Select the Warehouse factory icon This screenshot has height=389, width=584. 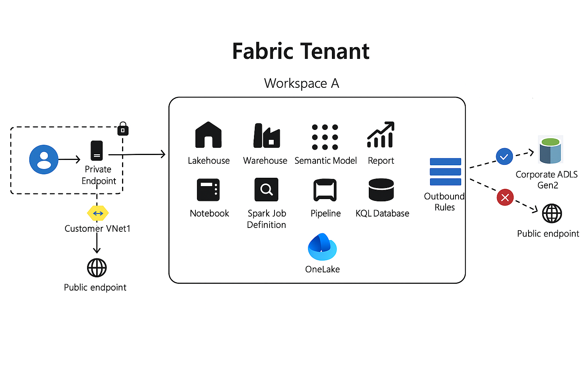(x=267, y=136)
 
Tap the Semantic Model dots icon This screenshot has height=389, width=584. (x=325, y=137)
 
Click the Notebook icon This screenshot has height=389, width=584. (x=208, y=190)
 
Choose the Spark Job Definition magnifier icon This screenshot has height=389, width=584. (x=266, y=189)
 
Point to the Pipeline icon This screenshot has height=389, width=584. (x=325, y=190)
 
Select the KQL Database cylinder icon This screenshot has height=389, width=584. (x=381, y=190)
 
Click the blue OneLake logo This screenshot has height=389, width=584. (x=322, y=247)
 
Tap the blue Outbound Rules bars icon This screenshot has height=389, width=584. (x=445, y=172)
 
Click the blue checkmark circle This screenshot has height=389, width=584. (x=505, y=157)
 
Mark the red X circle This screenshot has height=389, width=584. (x=505, y=198)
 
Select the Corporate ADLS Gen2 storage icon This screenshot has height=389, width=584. (x=550, y=150)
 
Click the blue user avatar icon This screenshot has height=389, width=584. (x=44, y=160)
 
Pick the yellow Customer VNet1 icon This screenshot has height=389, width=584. (x=98, y=213)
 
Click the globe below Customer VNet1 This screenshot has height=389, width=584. (x=97, y=268)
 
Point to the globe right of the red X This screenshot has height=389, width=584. (x=552, y=213)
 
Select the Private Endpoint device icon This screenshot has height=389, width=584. (x=97, y=151)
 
